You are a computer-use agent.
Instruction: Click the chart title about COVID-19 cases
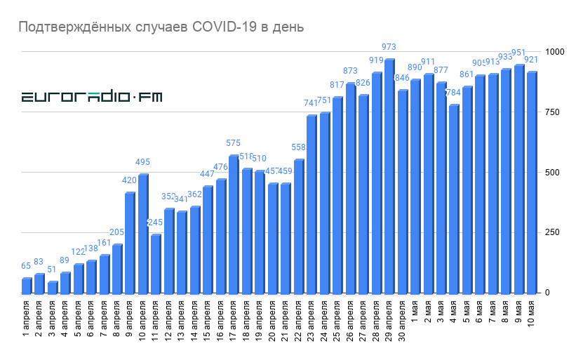[x=161, y=27]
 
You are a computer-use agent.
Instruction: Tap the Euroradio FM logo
[x=92, y=97]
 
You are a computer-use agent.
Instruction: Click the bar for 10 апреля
[x=142, y=233]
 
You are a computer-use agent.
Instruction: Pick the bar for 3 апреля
[x=52, y=287]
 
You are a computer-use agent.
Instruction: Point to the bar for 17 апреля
[x=233, y=224]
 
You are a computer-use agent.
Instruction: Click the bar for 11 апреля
[x=155, y=263]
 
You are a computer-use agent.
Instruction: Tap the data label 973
[x=389, y=47]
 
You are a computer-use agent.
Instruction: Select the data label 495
[x=142, y=162]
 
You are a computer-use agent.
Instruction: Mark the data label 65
[x=27, y=266]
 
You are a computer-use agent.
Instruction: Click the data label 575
[x=233, y=143]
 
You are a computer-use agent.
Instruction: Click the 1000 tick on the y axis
[x=556, y=52]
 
